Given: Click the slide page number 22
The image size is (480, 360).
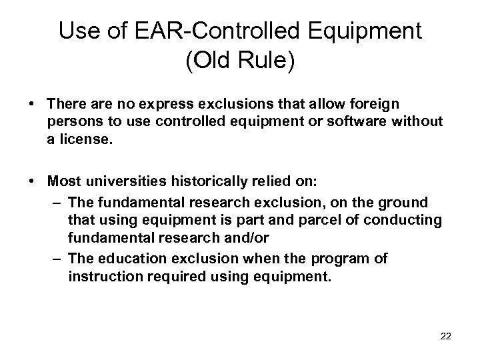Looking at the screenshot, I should (446, 336).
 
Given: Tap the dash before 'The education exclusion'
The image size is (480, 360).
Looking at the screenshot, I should (59, 258).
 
